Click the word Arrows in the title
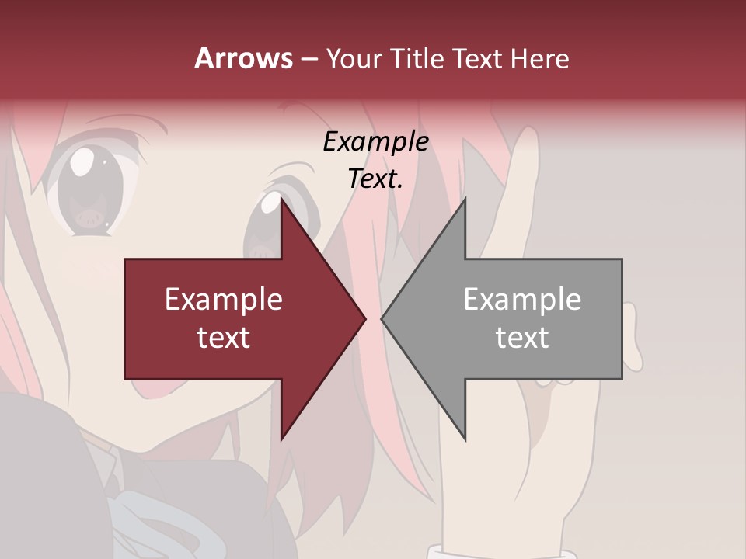[243, 58]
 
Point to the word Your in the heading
[352, 59]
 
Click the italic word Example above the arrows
[376, 142]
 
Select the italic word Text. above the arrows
[376, 179]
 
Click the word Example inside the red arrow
[224, 300]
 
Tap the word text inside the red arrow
[224, 338]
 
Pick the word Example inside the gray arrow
[522, 300]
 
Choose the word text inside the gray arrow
[522, 338]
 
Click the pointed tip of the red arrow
[364, 318]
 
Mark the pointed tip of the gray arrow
[382, 318]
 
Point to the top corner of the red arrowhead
[281, 200]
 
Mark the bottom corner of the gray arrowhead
[465, 439]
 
